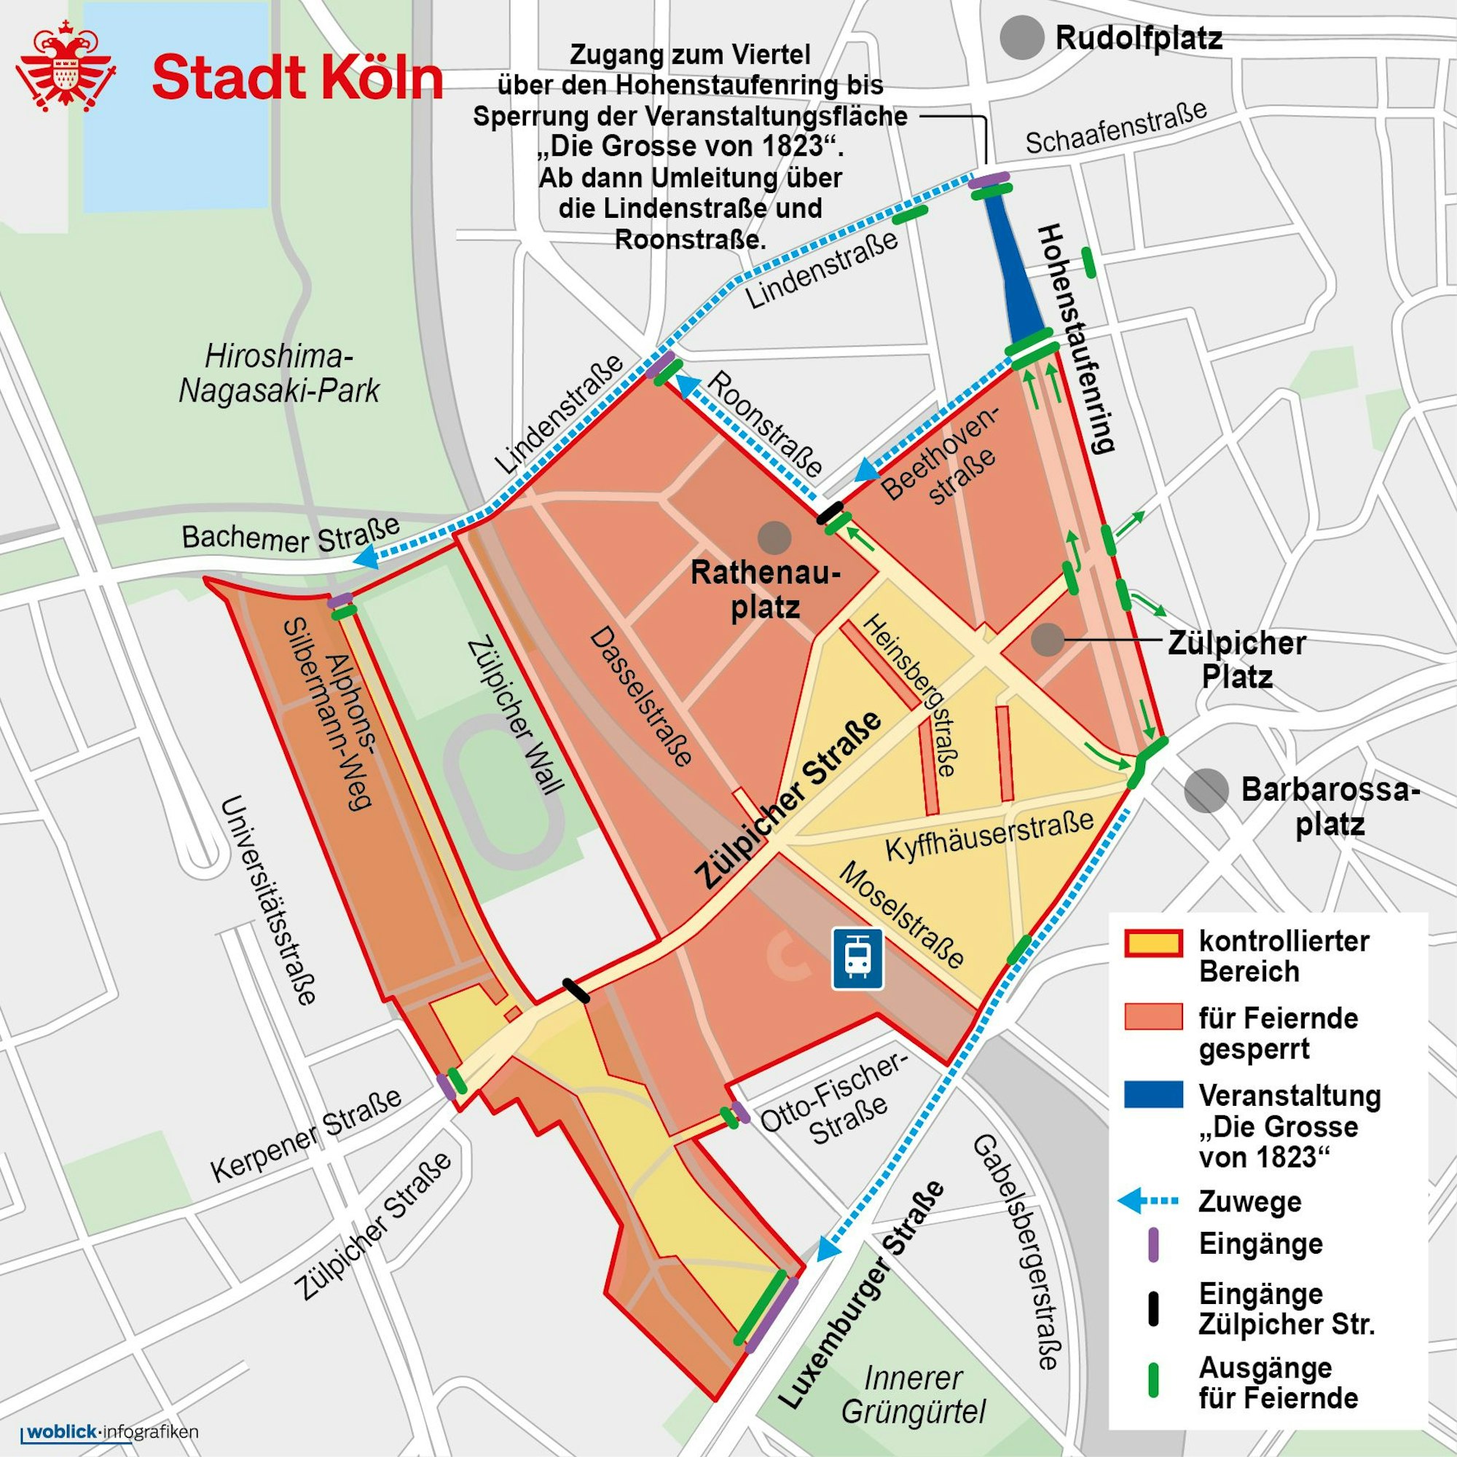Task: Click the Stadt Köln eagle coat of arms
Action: pyautogui.click(x=66, y=66)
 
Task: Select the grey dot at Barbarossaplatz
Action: pyautogui.click(x=1205, y=790)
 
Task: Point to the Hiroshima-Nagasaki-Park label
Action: pyautogui.click(x=279, y=373)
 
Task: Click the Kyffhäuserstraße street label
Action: pyautogui.click(x=989, y=836)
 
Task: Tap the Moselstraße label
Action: pyautogui.click(x=900, y=915)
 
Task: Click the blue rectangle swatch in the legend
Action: pyautogui.click(x=1152, y=1094)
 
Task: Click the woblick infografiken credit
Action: pyautogui.click(x=113, y=1431)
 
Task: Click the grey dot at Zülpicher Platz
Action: pyautogui.click(x=1047, y=639)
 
